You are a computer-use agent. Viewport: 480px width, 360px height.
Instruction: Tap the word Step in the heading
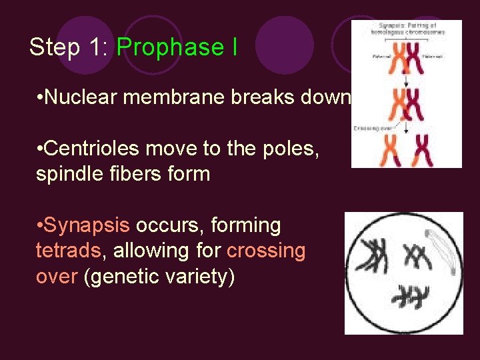click(52, 47)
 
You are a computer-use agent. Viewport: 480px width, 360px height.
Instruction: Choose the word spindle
click(67, 174)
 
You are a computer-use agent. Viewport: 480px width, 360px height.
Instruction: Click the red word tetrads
click(67, 251)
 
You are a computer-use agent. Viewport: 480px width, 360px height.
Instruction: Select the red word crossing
click(266, 251)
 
